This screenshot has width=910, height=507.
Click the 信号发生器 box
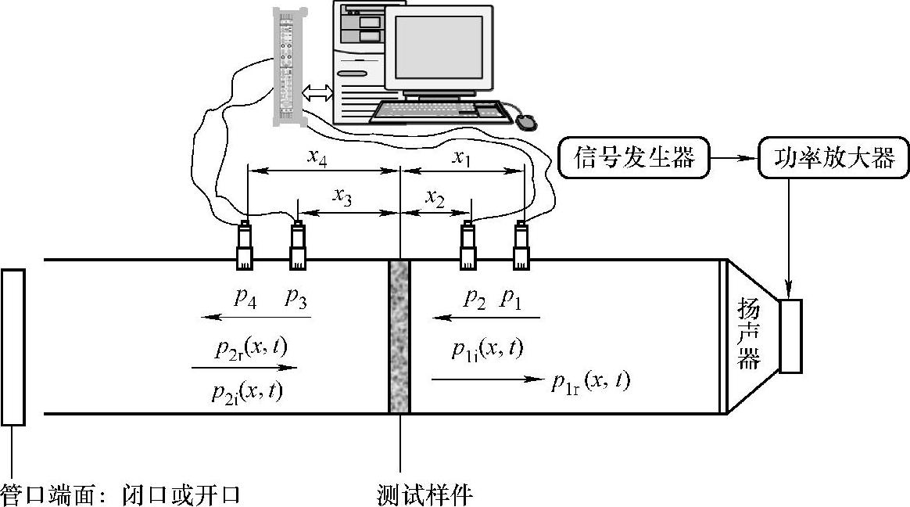click(634, 159)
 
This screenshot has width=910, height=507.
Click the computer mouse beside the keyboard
click(525, 121)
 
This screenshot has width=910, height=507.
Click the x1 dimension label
click(462, 159)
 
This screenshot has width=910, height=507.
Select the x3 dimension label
click(342, 198)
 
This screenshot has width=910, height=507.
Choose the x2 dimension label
click(435, 198)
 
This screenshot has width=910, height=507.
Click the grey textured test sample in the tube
click(399, 336)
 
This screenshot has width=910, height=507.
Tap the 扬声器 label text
click(749, 336)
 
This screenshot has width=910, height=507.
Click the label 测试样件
click(425, 494)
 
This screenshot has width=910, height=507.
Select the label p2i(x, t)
click(247, 391)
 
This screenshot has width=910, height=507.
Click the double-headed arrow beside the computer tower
click(317, 93)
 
